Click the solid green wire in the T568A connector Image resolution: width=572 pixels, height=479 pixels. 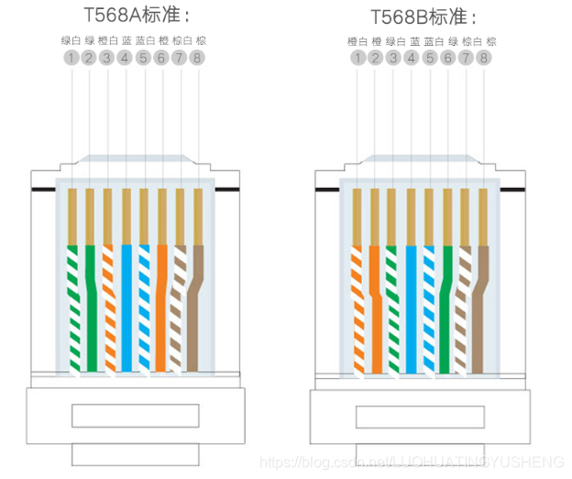tap(90, 303)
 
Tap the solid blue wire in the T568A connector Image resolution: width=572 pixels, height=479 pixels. tap(126, 303)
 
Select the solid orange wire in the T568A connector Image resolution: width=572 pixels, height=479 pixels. tap(162, 303)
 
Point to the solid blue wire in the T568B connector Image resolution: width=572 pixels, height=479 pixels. tap(411, 303)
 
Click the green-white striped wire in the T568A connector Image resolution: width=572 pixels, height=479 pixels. tap(73, 303)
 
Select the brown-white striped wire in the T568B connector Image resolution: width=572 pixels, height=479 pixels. tap(464, 303)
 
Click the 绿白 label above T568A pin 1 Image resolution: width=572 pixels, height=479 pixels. tap(71, 40)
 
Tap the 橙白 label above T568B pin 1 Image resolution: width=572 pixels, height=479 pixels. tap(357, 41)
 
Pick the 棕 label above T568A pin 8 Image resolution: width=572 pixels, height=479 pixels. tap(201, 40)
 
